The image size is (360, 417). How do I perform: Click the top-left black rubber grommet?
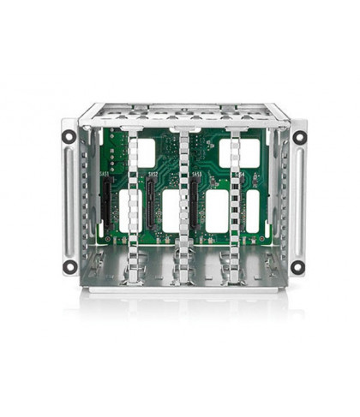point(69,136)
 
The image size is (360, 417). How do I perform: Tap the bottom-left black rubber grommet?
point(69,265)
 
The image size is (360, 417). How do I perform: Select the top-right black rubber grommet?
point(299,137)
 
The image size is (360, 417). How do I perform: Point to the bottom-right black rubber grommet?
point(297,266)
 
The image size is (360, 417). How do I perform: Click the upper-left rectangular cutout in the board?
point(146,152)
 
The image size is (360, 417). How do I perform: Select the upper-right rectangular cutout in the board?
point(229,152)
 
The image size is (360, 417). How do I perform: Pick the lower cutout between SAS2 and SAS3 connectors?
point(171,211)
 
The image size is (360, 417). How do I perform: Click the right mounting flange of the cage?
point(298,201)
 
